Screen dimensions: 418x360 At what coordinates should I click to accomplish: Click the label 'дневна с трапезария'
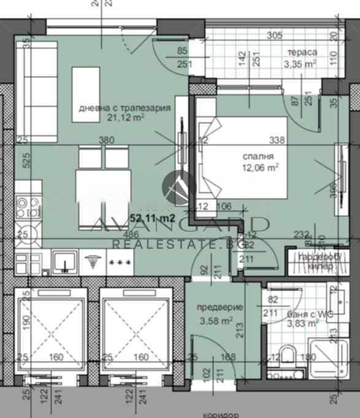coord(124,108)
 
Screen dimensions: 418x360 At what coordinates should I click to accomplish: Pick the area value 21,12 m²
coord(126,120)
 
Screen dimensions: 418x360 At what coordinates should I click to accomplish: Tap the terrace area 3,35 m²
coord(300,63)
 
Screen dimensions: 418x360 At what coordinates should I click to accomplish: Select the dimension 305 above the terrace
coord(274,36)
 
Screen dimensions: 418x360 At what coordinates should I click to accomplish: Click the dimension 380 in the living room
coord(106,140)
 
